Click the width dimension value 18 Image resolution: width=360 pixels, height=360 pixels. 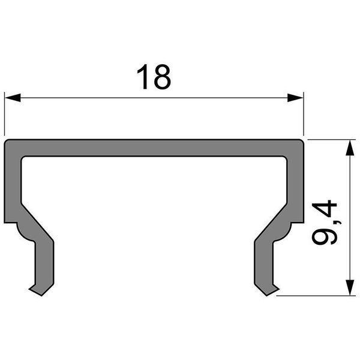pyautogui.click(x=154, y=78)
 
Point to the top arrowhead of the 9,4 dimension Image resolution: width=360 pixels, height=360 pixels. pyautogui.click(x=348, y=148)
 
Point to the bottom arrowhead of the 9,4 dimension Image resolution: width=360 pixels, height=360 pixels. pyautogui.click(x=348, y=287)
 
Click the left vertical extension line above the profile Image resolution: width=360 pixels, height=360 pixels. pyautogui.click(x=5, y=114)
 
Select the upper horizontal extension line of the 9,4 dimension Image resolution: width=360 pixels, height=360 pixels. pyautogui.click(x=330, y=139)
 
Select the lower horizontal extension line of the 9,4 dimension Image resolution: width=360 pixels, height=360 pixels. pyautogui.click(x=318, y=295)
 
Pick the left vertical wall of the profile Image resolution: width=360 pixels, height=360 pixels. pyautogui.click(x=13, y=186)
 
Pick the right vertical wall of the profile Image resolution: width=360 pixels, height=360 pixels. pyautogui.click(x=295, y=186)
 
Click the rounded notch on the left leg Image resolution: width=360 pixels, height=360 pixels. pyautogui.click(x=20, y=231)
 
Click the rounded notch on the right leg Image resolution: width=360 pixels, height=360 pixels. pyautogui.click(x=287, y=231)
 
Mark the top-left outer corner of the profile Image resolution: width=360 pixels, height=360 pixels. pyautogui.click(x=6, y=142)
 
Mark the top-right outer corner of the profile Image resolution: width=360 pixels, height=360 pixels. pyautogui.click(x=302, y=142)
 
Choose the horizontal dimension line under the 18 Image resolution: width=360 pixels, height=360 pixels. pyautogui.click(x=154, y=98)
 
